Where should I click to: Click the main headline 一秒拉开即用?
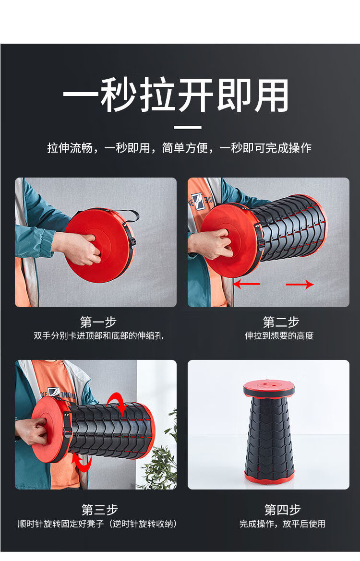(176, 95)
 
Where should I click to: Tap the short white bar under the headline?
(188, 127)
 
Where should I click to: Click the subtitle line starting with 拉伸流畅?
(180, 148)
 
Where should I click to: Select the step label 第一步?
(98, 322)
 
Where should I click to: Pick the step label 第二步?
(281, 322)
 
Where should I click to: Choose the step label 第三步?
(99, 509)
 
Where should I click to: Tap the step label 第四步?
(282, 509)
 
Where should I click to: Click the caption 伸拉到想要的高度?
(279, 335)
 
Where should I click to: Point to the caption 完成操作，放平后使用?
(282, 524)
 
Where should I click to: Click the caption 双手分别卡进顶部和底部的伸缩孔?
(98, 335)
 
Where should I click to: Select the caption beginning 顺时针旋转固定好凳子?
(97, 524)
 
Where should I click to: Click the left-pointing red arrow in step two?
(247, 285)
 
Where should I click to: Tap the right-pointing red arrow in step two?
(300, 285)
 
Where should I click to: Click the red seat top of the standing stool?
(269, 389)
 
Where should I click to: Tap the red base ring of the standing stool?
(269, 476)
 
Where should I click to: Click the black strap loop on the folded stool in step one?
(129, 215)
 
